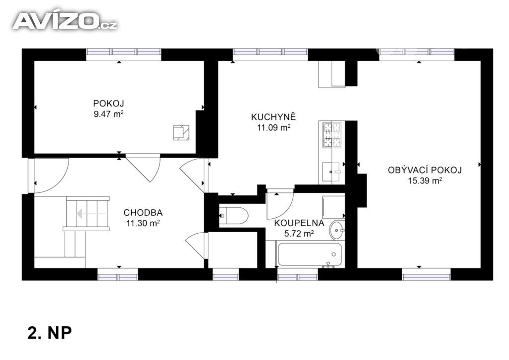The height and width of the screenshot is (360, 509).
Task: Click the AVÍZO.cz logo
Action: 65,21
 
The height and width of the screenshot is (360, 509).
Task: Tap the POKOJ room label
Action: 108,103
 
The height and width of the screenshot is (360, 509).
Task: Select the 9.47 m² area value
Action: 108,113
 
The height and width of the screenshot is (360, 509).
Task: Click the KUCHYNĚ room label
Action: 273,117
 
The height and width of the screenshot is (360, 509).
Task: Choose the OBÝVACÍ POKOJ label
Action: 425,170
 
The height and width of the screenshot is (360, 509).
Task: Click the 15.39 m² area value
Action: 425,181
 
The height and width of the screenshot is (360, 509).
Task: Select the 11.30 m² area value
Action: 142,223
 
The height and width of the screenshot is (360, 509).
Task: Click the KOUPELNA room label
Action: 299,223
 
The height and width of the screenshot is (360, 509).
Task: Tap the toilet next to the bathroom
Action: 234,216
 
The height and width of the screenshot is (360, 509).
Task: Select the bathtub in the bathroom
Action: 309,254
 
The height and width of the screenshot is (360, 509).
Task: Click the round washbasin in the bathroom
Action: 337,230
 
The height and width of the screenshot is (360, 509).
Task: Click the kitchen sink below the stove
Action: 332,172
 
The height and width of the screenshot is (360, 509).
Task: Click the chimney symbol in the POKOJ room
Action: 180,132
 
